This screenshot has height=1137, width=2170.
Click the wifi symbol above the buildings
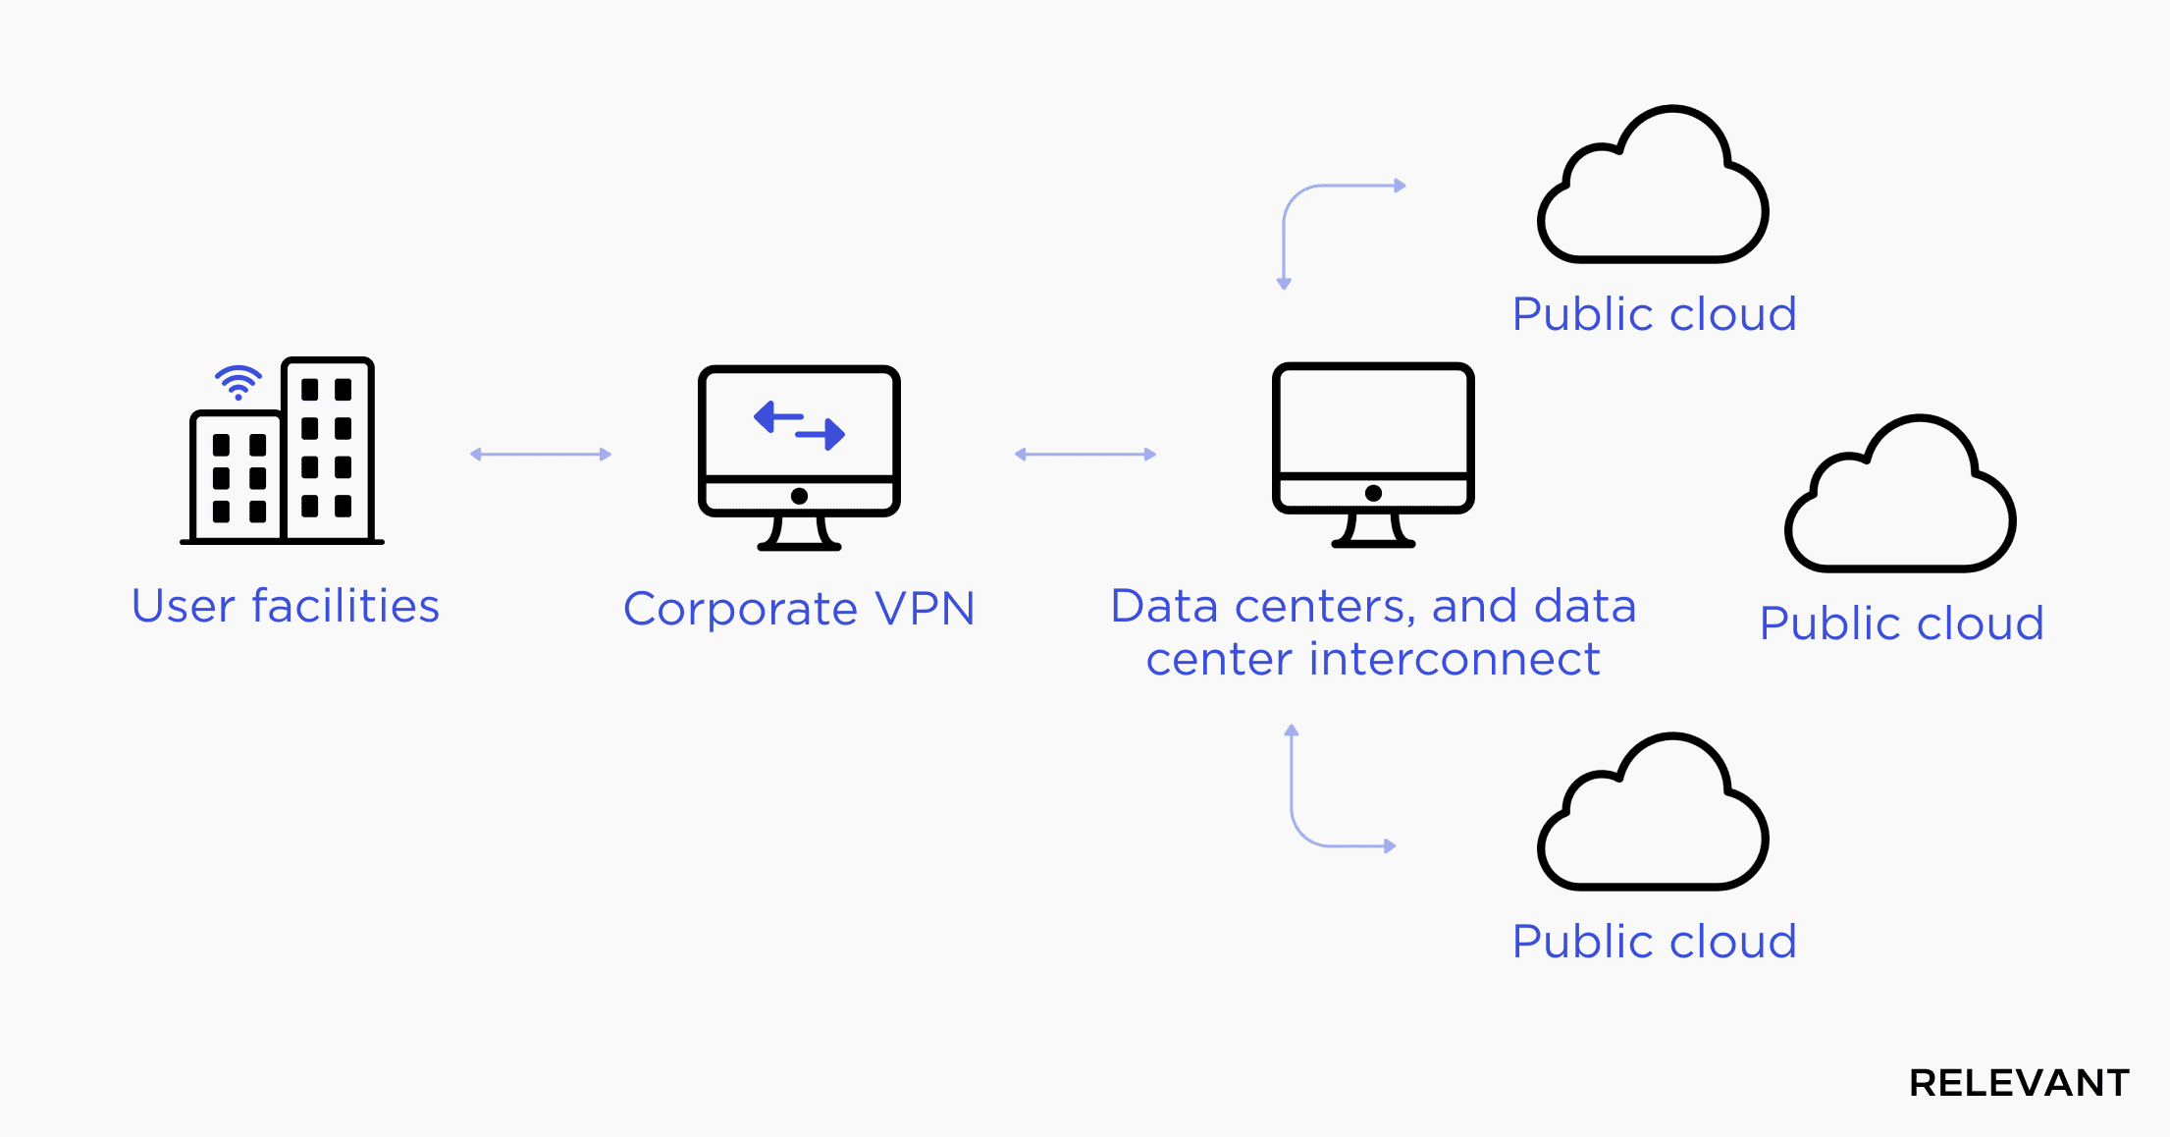coord(238,382)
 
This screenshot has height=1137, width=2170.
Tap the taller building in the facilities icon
coord(327,449)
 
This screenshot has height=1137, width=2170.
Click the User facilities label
coord(286,606)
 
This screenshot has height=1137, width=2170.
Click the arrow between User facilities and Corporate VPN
coord(541,454)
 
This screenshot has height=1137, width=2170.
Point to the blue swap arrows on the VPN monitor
coord(799,425)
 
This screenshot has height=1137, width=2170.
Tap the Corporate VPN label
coord(799,609)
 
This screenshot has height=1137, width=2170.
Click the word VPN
coord(925,609)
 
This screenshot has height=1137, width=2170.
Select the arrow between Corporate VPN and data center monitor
coord(1085,454)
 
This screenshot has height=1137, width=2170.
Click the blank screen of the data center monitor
coord(1373,420)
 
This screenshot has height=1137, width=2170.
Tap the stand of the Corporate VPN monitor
coord(799,532)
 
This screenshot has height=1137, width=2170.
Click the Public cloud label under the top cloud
coord(1654,314)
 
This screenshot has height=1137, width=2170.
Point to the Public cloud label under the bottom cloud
coord(1654,942)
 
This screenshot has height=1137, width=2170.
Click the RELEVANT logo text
coord(2019,1083)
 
